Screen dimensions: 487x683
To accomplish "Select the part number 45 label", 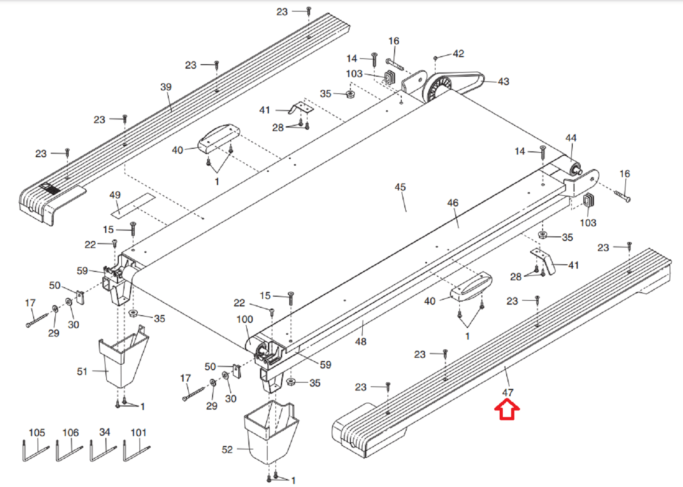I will click(x=400, y=187).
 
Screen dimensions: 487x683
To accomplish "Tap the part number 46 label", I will click(x=453, y=203).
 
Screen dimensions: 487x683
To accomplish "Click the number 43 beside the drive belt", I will click(x=503, y=81).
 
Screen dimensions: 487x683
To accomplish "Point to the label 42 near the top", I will click(x=458, y=54).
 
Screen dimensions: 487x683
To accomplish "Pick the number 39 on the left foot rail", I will click(x=166, y=87).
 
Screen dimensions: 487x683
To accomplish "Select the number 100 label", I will click(x=244, y=319).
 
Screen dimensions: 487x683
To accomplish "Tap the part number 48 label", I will click(x=361, y=341).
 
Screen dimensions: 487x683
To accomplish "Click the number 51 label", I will click(x=82, y=371).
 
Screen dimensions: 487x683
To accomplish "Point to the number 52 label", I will click(x=227, y=450).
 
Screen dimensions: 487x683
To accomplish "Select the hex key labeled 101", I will click(x=136, y=451).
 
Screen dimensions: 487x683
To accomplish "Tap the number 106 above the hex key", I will click(x=70, y=433).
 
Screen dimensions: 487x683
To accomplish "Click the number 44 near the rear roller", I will click(x=571, y=138).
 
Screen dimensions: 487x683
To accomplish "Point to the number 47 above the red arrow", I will click(x=508, y=392).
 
